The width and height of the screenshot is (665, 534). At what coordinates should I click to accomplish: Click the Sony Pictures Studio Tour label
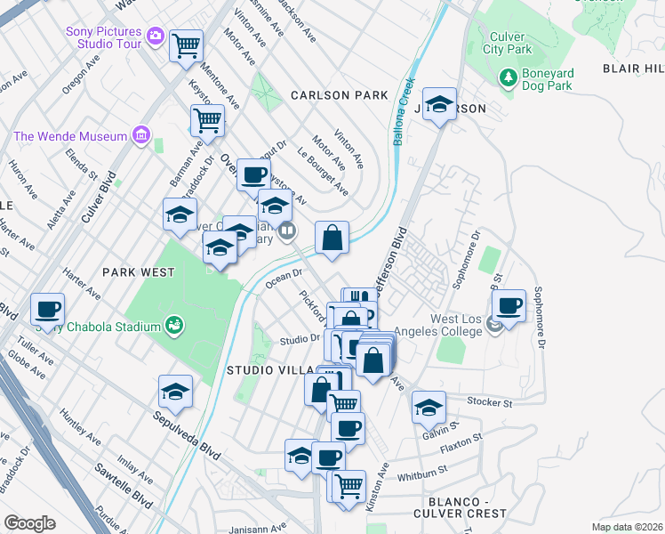tap(105, 38)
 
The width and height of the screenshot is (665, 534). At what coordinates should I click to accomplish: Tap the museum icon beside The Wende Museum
tap(140, 135)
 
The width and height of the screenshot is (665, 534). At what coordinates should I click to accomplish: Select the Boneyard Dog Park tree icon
tap(509, 77)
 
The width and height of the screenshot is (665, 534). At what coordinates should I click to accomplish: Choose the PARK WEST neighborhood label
tap(138, 272)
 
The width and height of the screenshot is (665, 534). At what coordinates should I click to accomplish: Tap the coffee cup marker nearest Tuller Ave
tap(47, 309)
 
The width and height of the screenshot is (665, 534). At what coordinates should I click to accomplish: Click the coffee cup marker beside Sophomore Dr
tap(509, 304)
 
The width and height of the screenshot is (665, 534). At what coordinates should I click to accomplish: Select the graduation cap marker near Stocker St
tap(429, 407)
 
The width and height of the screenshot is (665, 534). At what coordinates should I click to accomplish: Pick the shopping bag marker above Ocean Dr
tap(332, 237)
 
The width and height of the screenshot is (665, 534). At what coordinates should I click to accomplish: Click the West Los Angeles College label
tap(445, 325)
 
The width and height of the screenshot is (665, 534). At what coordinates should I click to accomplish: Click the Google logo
tap(29, 523)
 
